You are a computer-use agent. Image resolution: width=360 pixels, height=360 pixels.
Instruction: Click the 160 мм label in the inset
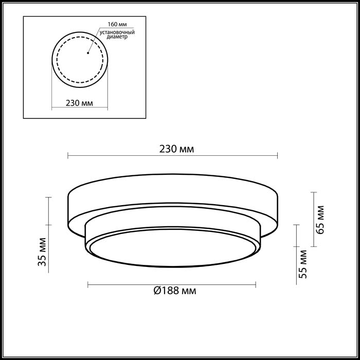click(x=117, y=24)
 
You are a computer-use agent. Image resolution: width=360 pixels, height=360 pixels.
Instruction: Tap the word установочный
click(x=117, y=32)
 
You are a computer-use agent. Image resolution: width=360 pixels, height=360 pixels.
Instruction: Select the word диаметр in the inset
click(x=117, y=37)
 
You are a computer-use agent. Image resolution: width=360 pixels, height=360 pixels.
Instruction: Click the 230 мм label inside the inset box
click(x=79, y=103)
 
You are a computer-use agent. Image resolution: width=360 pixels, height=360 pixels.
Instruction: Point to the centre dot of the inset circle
click(x=88, y=53)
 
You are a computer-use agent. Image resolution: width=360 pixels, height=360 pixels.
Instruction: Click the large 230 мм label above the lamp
click(x=176, y=149)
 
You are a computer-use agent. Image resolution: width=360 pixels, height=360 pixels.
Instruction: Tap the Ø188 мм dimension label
click(x=175, y=291)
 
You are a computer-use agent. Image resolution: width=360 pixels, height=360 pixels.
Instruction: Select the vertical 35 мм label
click(x=42, y=252)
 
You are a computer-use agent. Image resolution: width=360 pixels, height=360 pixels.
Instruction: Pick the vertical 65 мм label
click(x=320, y=220)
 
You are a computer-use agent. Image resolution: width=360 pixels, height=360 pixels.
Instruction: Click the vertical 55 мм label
click(x=302, y=264)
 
